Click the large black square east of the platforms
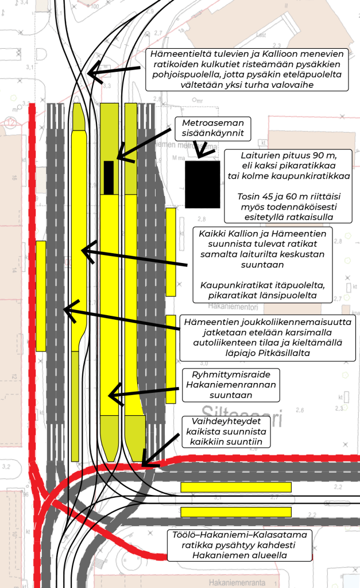pos(203,184)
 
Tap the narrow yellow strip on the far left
pos(41,296)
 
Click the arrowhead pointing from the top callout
pos(92,73)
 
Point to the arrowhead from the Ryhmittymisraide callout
pos(113,396)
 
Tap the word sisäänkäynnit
pos(213,134)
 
